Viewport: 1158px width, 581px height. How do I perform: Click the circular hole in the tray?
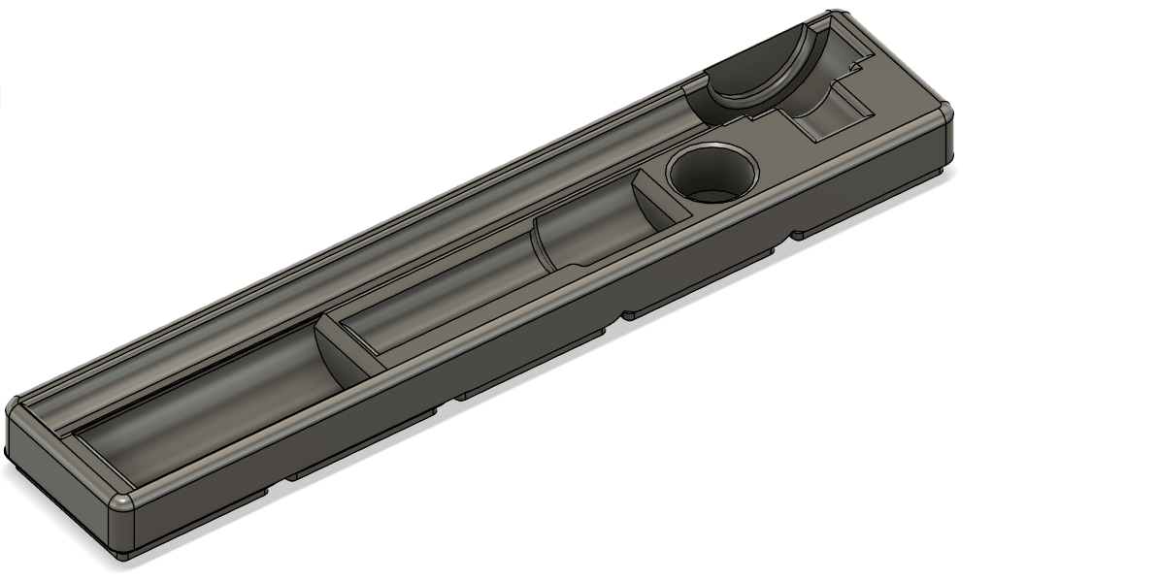coord(711,176)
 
